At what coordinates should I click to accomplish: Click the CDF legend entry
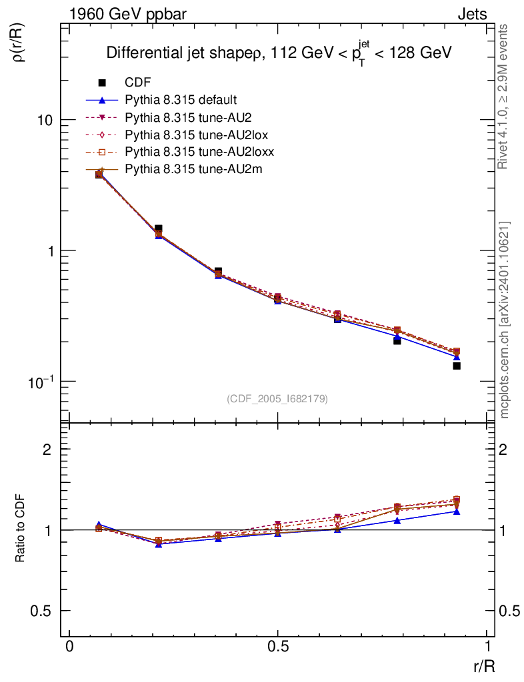pyautogui.click(x=137, y=83)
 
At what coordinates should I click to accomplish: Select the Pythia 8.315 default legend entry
pyautogui.click(x=181, y=100)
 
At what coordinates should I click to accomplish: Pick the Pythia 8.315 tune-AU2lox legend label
pyautogui.click(x=189, y=135)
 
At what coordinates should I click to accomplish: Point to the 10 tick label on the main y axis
pyautogui.click(x=46, y=121)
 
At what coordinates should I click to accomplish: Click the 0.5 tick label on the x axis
pyautogui.click(x=278, y=647)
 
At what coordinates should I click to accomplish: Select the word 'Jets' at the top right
pyautogui.click(x=471, y=14)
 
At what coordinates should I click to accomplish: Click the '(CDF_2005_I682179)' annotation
pyautogui.click(x=277, y=398)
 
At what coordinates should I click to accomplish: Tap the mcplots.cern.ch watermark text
pyautogui.click(x=505, y=320)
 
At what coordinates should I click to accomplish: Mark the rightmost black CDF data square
pyautogui.click(x=457, y=366)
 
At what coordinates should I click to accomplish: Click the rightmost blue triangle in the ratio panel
pyautogui.click(x=457, y=511)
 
